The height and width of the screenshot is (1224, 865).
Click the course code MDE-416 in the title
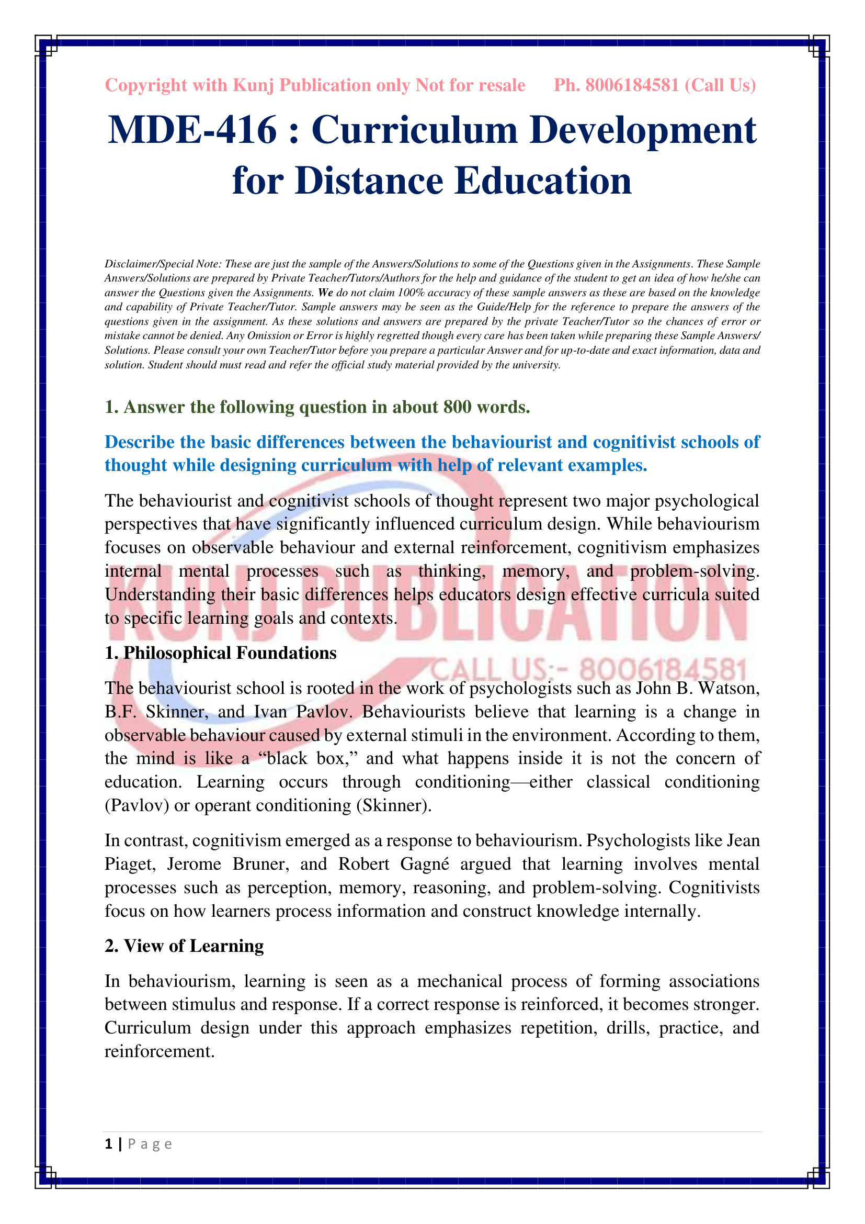tap(192, 131)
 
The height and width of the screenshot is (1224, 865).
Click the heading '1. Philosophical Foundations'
tap(221, 653)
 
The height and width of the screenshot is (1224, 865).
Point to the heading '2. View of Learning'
tap(184, 946)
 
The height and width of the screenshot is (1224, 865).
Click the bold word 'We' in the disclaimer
tap(325, 293)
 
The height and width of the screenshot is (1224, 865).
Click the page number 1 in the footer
tap(109, 1144)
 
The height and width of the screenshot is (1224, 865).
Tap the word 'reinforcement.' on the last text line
tap(160, 1051)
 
